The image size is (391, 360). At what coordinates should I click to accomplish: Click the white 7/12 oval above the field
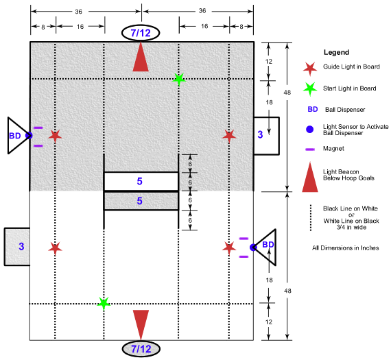tap(141, 33)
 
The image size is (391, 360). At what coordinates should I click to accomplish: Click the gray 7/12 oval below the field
tap(141, 349)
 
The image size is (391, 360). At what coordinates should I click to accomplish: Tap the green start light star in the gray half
tap(179, 80)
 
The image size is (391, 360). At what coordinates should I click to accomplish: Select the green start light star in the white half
tap(104, 303)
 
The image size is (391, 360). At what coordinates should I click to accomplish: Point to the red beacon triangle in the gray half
tap(141, 58)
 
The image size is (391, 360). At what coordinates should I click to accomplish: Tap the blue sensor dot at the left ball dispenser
tap(29, 135)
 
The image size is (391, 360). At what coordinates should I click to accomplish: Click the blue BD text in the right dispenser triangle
tap(268, 245)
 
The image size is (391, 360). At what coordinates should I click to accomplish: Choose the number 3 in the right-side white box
tap(260, 134)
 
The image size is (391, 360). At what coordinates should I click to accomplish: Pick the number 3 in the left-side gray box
tap(21, 246)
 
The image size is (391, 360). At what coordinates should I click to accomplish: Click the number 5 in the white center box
tap(140, 181)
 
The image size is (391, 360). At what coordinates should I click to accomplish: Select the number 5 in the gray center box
tap(140, 201)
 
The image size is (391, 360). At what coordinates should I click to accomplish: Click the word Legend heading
tap(336, 52)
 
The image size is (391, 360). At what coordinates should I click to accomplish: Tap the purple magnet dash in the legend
tap(310, 149)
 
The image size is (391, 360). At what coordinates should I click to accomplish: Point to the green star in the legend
tap(310, 89)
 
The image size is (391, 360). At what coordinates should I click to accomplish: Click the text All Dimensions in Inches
tap(346, 248)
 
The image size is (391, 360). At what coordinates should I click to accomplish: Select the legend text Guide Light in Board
tap(352, 67)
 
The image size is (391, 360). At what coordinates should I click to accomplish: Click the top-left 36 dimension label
tap(79, 12)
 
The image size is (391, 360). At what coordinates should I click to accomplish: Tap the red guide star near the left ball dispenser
tap(55, 136)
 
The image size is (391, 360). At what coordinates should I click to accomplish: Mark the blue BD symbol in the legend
tap(313, 109)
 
